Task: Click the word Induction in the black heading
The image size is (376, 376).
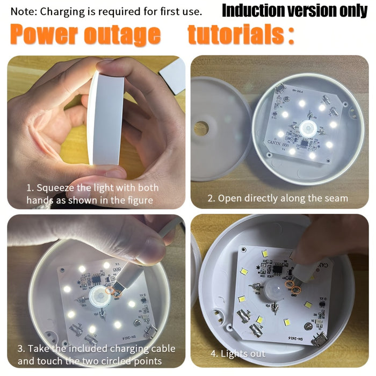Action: [x=253, y=10]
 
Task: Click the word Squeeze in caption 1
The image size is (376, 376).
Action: [x=57, y=187]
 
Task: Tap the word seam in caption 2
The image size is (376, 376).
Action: [x=336, y=198]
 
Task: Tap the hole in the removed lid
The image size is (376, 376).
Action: [x=201, y=128]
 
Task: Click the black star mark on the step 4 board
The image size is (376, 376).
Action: [x=260, y=264]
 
